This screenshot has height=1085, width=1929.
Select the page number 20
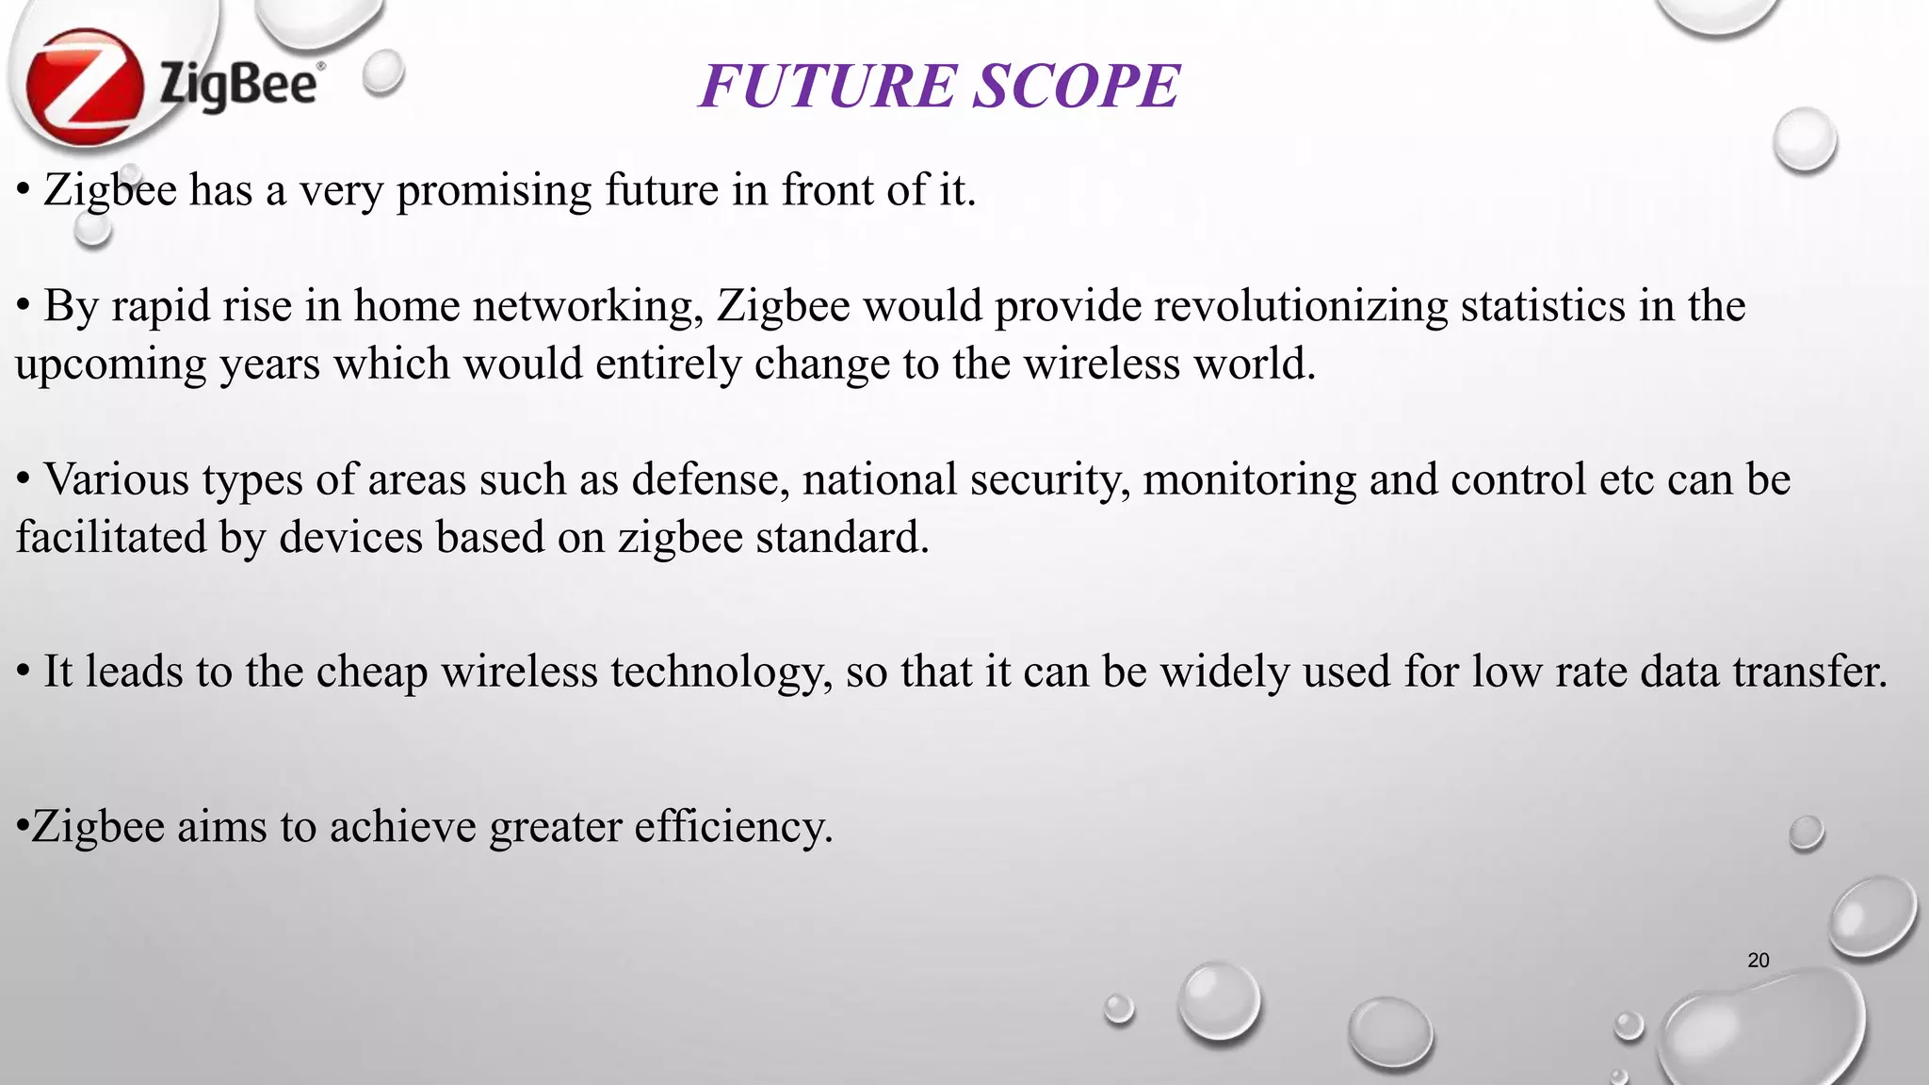coord(1758,961)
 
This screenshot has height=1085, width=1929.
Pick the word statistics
coord(1543,307)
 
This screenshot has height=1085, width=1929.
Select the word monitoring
coord(1250,481)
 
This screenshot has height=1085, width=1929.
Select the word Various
coord(117,479)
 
